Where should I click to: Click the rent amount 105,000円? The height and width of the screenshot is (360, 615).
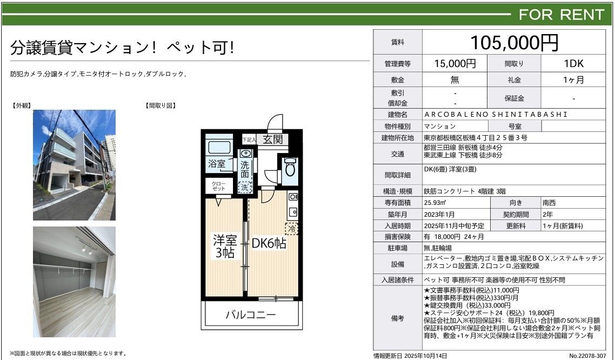(x=514, y=42)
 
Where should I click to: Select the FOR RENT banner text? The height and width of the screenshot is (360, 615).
(x=561, y=15)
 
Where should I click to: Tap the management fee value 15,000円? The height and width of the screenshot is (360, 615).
(x=454, y=64)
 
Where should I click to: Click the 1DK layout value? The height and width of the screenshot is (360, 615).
(x=573, y=64)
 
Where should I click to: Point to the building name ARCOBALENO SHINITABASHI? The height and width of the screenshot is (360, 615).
(x=496, y=115)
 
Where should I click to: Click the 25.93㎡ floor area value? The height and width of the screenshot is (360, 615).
(x=435, y=203)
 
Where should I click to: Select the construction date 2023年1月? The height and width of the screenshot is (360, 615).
(x=439, y=215)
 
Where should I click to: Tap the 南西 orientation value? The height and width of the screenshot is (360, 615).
(x=549, y=203)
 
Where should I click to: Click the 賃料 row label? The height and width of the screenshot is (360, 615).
(x=397, y=42)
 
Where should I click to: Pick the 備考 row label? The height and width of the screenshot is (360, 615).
(x=397, y=318)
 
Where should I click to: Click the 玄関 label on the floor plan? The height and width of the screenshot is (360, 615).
(x=272, y=139)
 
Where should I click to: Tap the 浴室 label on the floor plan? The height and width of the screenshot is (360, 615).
(x=217, y=164)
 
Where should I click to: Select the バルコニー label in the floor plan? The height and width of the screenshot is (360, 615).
(x=250, y=315)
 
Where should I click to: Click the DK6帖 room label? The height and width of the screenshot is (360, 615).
(x=269, y=244)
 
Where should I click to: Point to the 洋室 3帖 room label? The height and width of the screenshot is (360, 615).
(x=225, y=246)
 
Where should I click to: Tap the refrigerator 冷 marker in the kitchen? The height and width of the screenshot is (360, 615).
(x=292, y=228)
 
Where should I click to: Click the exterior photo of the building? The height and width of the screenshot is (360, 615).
(x=74, y=165)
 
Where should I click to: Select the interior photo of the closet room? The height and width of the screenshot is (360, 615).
(x=74, y=282)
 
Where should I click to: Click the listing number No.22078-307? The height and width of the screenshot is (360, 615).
(x=587, y=356)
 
